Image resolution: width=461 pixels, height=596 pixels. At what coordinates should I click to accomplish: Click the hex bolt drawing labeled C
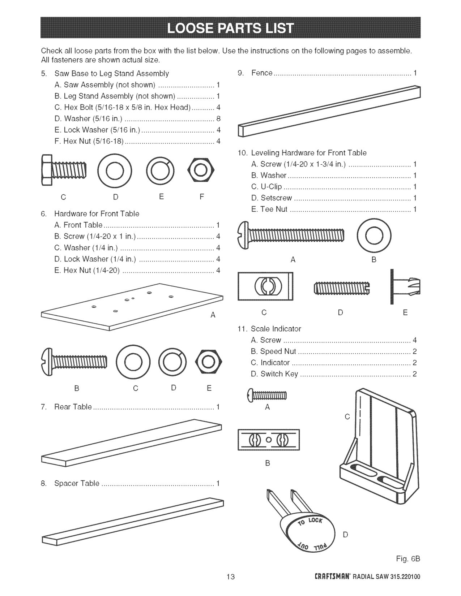(64, 170)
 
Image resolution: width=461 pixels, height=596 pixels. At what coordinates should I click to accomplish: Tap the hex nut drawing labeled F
(201, 170)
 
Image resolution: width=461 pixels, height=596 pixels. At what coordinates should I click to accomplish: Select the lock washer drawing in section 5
(160, 170)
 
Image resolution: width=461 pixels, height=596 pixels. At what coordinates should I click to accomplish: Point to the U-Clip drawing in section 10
(265, 286)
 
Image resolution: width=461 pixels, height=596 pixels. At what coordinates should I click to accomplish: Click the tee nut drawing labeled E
(405, 286)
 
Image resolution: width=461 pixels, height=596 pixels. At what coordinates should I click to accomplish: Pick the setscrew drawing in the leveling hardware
(342, 288)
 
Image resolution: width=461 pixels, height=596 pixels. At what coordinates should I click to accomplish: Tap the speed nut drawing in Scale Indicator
(269, 440)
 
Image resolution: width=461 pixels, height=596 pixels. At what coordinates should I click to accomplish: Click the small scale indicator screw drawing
(267, 395)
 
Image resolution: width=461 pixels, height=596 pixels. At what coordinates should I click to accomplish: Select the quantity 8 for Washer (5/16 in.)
(218, 118)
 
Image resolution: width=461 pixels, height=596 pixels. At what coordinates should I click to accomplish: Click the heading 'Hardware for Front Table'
(97, 214)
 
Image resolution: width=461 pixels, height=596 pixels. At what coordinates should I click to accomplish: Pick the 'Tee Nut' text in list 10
(273, 209)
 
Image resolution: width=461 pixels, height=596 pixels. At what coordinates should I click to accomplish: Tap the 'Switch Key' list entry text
(279, 374)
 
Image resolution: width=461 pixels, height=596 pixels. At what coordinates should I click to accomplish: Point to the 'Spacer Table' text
(77, 483)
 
